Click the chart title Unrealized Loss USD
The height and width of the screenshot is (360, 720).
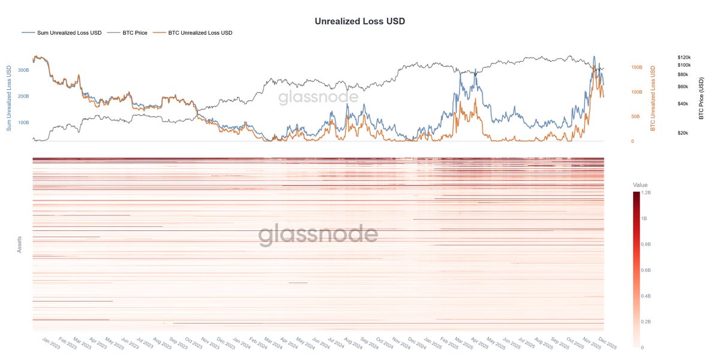click(360, 21)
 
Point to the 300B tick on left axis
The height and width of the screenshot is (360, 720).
click(23, 70)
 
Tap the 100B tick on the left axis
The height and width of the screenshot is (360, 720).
click(23, 122)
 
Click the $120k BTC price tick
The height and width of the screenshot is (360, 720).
click(684, 57)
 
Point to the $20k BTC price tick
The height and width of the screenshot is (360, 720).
click(683, 133)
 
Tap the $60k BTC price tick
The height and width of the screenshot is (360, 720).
click(683, 87)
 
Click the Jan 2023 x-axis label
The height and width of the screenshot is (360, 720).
click(52, 343)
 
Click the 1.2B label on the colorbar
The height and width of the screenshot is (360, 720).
click(647, 193)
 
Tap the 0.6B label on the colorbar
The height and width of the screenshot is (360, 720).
click(647, 270)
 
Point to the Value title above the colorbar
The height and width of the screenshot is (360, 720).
click(640, 185)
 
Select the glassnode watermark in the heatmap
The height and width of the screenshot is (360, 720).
click(318, 235)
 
